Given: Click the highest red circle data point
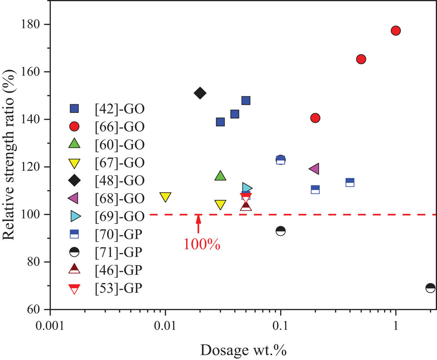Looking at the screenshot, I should coord(396,31).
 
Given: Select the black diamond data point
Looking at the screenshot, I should coord(200,93).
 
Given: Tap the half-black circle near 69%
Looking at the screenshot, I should coord(430,288).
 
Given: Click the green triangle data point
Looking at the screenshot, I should coord(220,176).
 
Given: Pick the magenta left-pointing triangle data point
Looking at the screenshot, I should coord(314,169).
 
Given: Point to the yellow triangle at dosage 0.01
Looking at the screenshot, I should coord(165,197).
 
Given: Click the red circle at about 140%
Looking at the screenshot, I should coord(315,118).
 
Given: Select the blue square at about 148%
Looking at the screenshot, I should coord(246,100).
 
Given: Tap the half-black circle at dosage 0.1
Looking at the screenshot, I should coord(281,231).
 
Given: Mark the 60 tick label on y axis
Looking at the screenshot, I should coord(38,310).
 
